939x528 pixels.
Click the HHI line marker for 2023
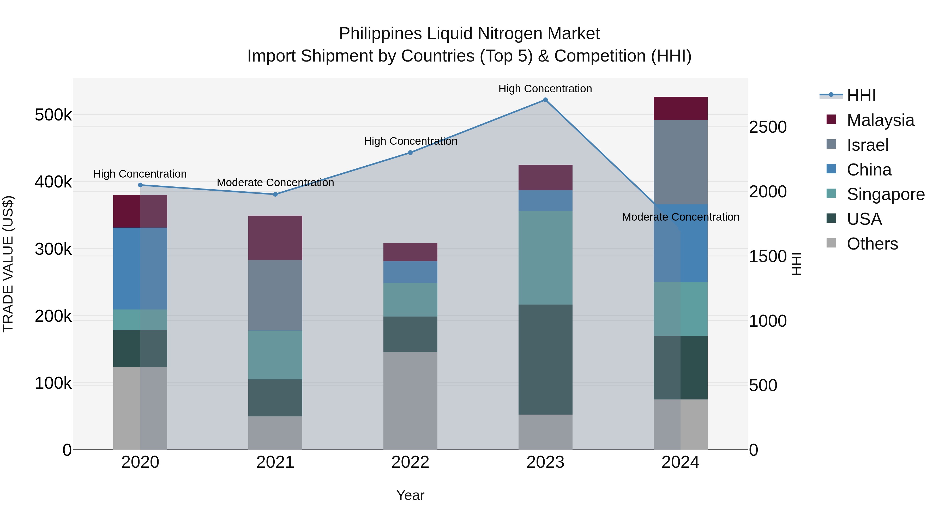pyautogui.click(x=545, y=100)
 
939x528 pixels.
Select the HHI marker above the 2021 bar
pyautogui.click(x=275, y=194)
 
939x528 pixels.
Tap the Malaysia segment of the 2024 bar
pyautogui.click(x=680, y=108)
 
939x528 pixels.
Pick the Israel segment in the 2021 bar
pyautogui.click(x=275, y=295)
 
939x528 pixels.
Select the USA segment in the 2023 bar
pyautogui.click(x=545, y=359)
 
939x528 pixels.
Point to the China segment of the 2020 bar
pyautogui.click(x=140, y=269)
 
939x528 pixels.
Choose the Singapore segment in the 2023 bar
pyautogui.click(x=545, y=258)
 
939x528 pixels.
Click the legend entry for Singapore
pyautogui.click(x=886, y=194)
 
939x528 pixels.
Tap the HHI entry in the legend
pyautogui.click(x=861, y=95)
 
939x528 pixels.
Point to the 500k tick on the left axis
pyautogui.click(x=53, y=115)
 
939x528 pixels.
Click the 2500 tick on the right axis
pyautogui.click(x=768, y=127)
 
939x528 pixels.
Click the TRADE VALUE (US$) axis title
pyautogui.click(x=8, y=264)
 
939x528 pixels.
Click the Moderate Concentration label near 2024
pyautogui.click(x=680, y=217)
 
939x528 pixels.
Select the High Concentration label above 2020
pyautogui.click(x=140, y=174)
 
